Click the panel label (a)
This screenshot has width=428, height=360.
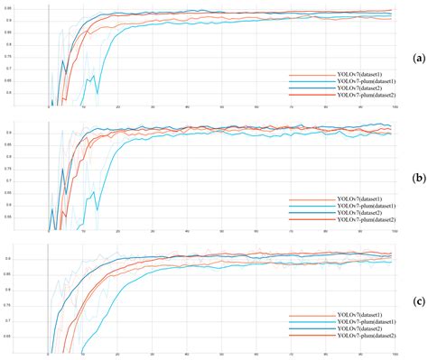(x=417, y=57)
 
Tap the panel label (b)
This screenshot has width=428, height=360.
(x=417, y=178)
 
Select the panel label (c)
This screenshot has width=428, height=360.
(x=417, y=298)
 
